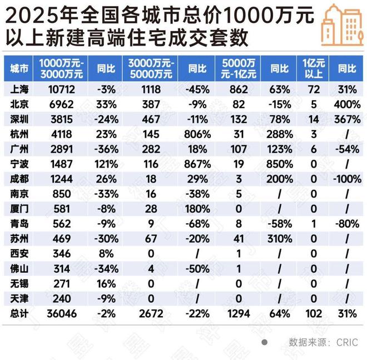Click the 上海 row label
(19, 89)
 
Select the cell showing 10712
(61, 89)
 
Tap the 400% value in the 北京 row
(348, 104)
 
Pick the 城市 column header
(19, 68)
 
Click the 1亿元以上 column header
(314, 68)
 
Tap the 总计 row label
(19, 314)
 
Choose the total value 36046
(61, 314)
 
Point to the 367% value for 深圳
(348, 119)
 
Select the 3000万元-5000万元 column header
(151, 68)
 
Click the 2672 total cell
(151, 314)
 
